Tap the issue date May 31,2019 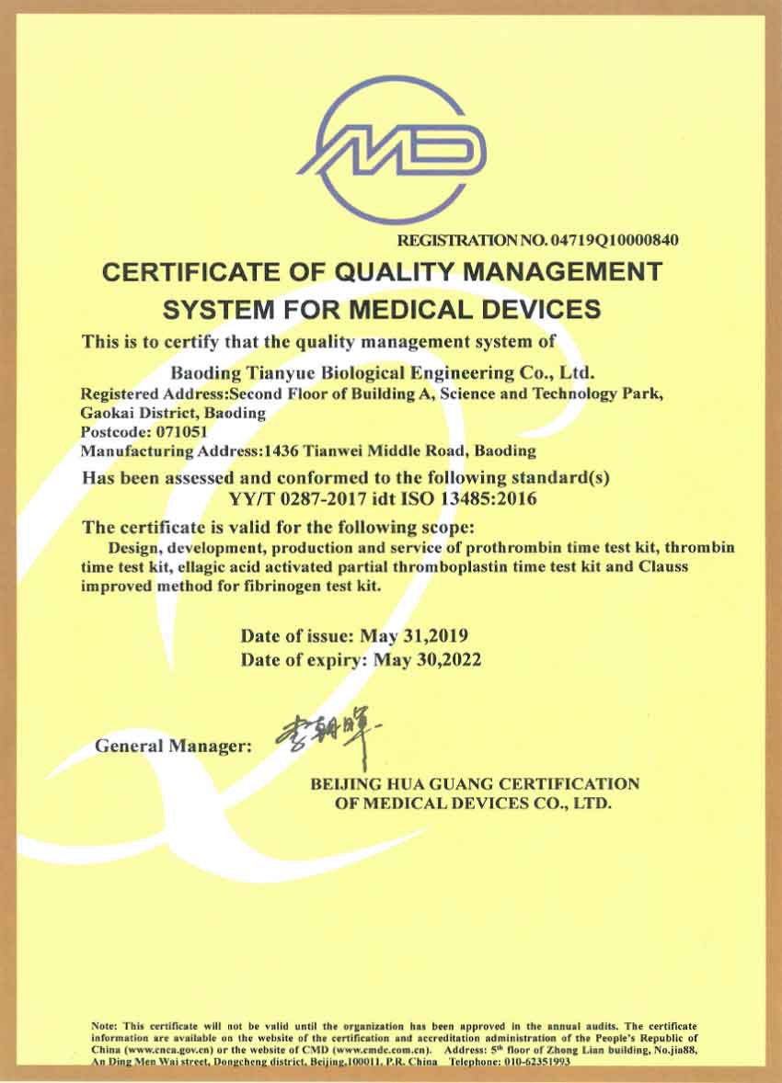click(420, 635)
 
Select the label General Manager click(173, 746)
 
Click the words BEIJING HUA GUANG click(397, 784)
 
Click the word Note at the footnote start click(104, 1025)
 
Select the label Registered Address click(148, 393)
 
